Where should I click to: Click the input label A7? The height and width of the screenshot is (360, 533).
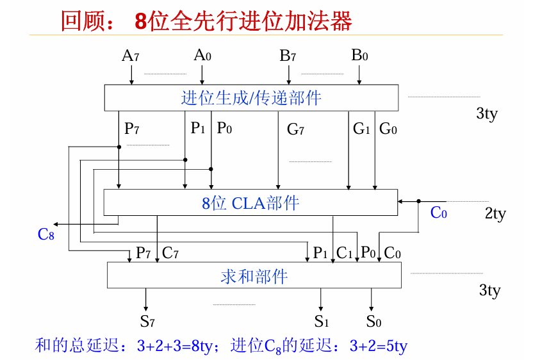pyautogui.click(x=131, y=56)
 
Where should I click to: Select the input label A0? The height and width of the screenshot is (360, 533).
pyautogui.click(x=202, y=56)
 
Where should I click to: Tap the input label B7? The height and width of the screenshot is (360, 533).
pyautogui.click(x=288, y=56)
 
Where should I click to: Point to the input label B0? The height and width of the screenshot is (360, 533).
pyautogui.click(x=359, y=56)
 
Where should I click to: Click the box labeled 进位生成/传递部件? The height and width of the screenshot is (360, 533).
pyautogui.click(x=251, y=98)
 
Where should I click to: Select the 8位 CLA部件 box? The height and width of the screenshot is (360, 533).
pyautogui.click(x=250, y=203)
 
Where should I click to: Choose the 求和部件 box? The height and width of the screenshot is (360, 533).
pyautogui.click(x=254, y=276)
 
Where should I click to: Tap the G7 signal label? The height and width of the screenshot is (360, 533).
pyautogui.click(x=295, y=130)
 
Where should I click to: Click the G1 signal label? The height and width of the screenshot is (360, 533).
pyautogui.click(x=361, y=129)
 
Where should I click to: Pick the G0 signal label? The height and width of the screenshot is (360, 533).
pyautogui.click(x=388, y=129)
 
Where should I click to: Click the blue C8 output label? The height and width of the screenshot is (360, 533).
pyautogui.click(x=46, y=234)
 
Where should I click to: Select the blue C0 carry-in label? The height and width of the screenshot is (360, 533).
pyautogui.click(x=438, y=213)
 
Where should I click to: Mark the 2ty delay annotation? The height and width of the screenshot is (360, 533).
pyautogui.click(x=495, y=214)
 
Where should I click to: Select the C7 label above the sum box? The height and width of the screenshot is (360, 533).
pyautogui.click(x=170, y=253)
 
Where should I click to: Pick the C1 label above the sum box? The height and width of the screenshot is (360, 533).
pyautogui.click(x=345, y=253)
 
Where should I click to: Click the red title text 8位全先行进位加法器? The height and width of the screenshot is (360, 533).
pyautogui.click(x=243, y=21)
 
